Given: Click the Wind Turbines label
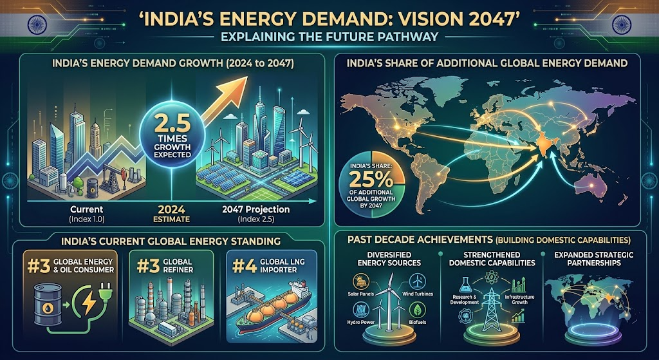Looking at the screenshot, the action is [418, 294].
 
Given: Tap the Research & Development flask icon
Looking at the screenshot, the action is [465, 285].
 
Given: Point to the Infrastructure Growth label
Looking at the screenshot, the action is [519, 299].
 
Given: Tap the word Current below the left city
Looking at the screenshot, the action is [87, 209].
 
